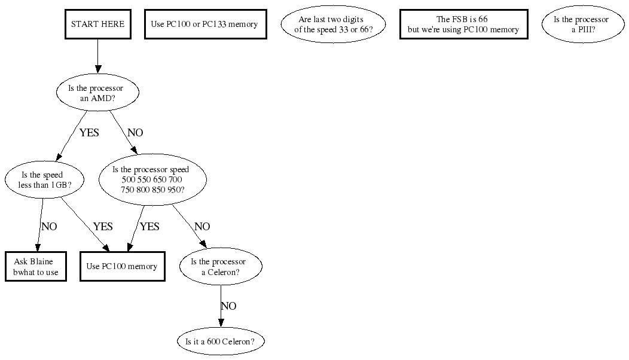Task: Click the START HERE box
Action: pyautogui.click(x=97, y=25)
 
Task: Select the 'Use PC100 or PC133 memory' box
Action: pyautogui.click(x=205, y=25)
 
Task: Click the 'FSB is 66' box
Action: pyautogui.click(x=463, y=25)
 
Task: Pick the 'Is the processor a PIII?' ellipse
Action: pyautogui.click(x=581, y=25)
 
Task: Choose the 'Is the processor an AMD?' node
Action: pyautogui.click(x=97, y=93)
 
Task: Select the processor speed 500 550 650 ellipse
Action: pyautogui.click(x=152, y=180)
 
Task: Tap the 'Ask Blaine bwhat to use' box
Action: pyautogui.click(x=35, y=267)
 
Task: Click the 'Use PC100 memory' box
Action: pyautogui.click(x=122, y=267)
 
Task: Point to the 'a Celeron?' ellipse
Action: pyautogui.click(x=221, y=267)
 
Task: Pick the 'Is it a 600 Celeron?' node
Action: pyautogui.click(x=221, y=342)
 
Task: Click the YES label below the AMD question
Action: pyautogui.click(x=89, y=133)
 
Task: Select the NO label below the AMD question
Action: pyautogui.click(x=136, y=133)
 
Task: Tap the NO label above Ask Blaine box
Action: pyautogui.click(x=50, y=227)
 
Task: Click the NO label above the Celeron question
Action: pyautogui.click(x=203, y=227)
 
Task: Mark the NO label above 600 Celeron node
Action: pyautogui.click(x=228, y=306)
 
